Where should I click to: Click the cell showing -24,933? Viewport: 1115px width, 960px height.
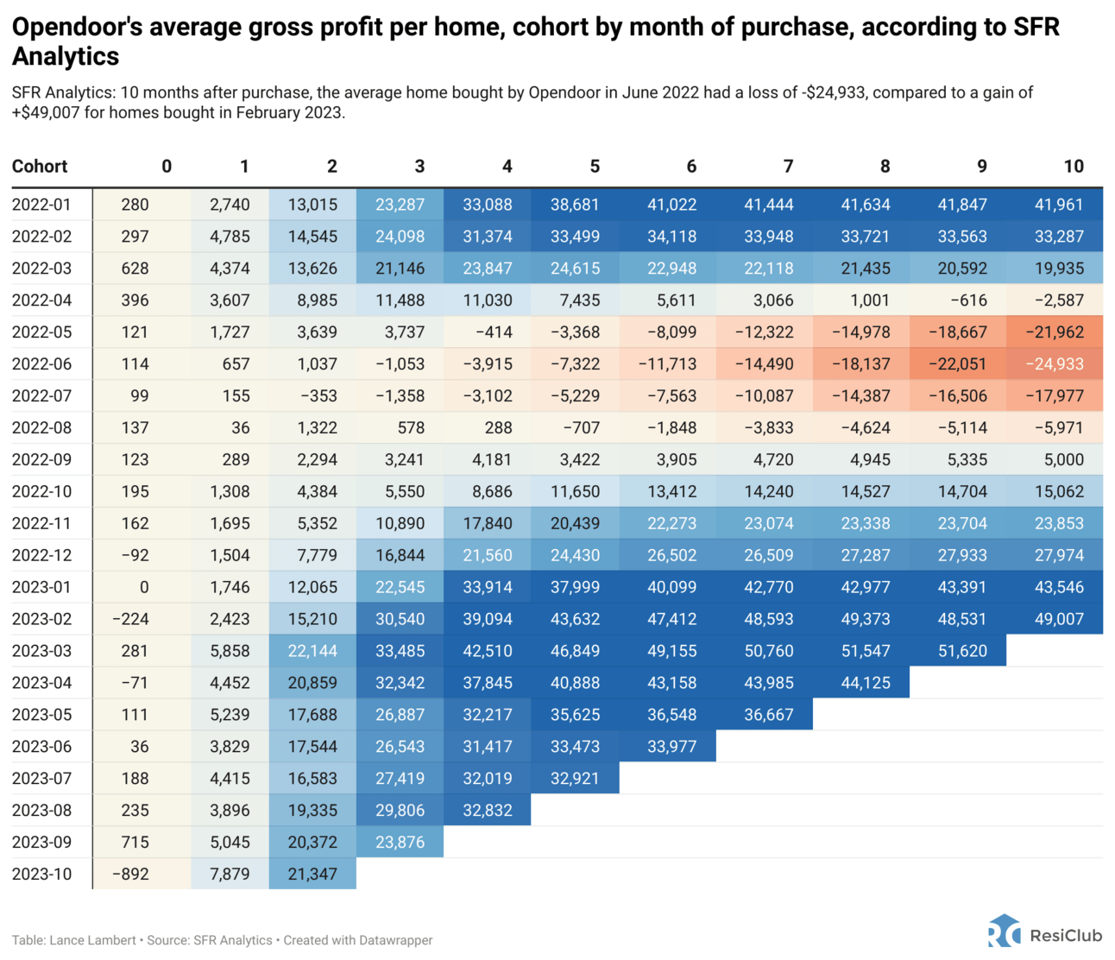(x=1054, y=364)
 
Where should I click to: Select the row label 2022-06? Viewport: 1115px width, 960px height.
(x=41, y=364)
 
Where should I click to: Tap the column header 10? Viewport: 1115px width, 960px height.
(x=1073, y=167)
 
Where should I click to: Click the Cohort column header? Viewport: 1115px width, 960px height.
(x=40, y=167)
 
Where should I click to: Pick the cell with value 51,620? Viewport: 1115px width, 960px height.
(x=961, y=651)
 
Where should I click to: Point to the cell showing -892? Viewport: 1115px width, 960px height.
(x=130, y=874)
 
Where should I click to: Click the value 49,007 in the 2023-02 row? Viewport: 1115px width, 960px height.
(x=1058, y=619)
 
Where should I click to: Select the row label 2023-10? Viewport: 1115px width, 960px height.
(x=41, y=874)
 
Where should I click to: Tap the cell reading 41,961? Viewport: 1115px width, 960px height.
(x=1058, y=205)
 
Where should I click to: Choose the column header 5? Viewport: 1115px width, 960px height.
(x=595, y=167)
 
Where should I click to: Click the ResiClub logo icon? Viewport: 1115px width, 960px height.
(x=1005, y=932)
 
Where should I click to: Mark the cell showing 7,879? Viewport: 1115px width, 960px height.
(x=230, y=874)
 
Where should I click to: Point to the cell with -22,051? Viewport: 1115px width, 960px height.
(x=957, y=364)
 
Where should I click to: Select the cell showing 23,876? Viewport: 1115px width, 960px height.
(x=400, y=842)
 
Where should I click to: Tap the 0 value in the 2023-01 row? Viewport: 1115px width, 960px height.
(x=143, y=587)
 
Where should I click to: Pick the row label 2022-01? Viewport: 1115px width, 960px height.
(x=41, y=205)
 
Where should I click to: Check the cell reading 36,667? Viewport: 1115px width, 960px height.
(x=768, y=715)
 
